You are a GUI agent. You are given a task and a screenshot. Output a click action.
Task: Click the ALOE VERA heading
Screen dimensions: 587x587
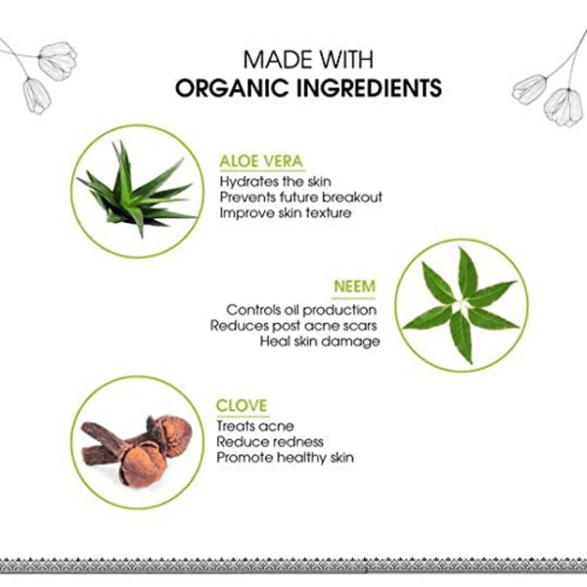pyautogui.click(x=261, y=161)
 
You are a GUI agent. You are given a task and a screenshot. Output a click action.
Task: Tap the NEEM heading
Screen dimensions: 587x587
pyautogui.click(x=354, y=287)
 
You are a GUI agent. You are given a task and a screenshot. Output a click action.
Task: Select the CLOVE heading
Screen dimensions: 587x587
pyautogui.click(x=242, y=405)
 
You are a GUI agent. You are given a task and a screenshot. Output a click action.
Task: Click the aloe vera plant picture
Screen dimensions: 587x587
pyautogui.click(x=138, y=190)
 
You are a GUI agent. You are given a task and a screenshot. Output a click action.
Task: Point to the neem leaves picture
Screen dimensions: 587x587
pyautogui.click(x=462, y=305)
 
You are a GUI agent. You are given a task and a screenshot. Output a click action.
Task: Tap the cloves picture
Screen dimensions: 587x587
pyautogui.click(x=137, y=450)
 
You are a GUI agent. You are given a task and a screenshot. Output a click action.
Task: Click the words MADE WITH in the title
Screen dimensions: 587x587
pyautogui.click(x=308, y=59)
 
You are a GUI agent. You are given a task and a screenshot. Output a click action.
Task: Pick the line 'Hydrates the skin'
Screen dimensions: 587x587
pyautogui.click(x=275, y=182)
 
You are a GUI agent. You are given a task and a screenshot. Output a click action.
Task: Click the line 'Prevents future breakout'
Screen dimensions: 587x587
pyautogui.click(x=300, y=198)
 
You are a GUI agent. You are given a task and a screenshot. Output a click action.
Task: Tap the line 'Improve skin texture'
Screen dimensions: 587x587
pyautogui.click(x=286, y=213)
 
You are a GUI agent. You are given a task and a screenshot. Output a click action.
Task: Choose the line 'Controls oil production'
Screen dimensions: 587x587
pyautogui.click(x=301, y=310)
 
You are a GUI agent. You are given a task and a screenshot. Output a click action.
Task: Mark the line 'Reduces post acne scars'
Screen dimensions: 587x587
pyautogui.click(x=293, y=326)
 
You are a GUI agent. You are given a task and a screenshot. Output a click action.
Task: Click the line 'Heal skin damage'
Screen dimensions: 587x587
pyautogui.click(x=320, y=341)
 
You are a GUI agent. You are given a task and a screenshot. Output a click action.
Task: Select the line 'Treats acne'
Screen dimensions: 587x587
pyautogui.click(x=255, y=426)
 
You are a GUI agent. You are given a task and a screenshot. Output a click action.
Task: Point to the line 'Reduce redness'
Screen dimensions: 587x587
pyautogui.click(x=270, y=442)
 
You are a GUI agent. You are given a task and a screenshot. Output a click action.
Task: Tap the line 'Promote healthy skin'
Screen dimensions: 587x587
pyautogui.click(x=285, y=458)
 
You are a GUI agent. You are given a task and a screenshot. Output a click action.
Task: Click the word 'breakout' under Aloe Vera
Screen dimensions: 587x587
pyautogui.click(x=352, y=198)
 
